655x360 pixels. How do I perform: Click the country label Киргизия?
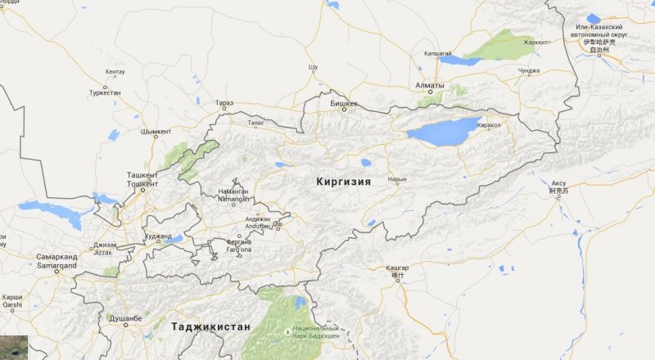[343, 182]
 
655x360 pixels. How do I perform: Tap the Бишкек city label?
[345, 104]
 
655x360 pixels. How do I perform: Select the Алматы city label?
[429, 85]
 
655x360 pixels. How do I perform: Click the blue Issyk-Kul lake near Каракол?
[442, 131]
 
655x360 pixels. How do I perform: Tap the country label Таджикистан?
[210, 326]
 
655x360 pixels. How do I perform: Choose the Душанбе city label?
[125, 317]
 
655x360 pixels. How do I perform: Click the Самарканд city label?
[56, 256]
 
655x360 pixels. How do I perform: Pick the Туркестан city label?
[106, 93]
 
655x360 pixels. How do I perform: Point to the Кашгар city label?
[397, 268]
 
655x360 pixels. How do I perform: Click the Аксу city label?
[558, 182]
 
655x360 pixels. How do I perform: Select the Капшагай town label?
[437, 53]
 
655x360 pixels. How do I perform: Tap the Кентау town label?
[115, 73]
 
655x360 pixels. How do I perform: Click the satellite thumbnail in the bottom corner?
[14, 347]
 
